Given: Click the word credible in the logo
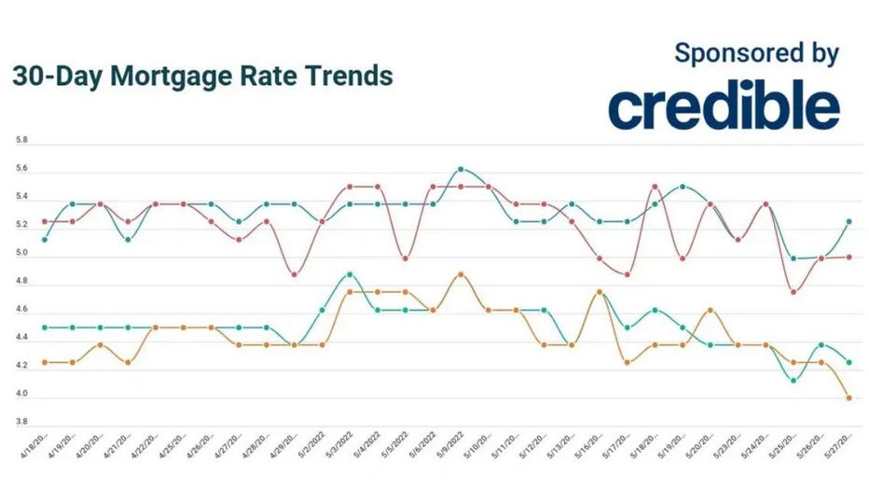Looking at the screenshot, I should point(724,107).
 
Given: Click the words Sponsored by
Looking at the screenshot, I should point(756,53).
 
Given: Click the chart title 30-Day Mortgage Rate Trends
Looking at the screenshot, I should point(202,76).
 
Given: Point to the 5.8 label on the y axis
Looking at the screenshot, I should point(21,140).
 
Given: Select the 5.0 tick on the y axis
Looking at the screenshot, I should point(21,253).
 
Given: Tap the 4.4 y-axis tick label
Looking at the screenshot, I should point(21,338).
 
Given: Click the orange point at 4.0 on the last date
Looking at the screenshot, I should point(848,398).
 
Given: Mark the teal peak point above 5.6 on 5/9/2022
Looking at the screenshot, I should point(461,169).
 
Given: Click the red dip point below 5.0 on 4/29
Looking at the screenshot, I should point(295,274).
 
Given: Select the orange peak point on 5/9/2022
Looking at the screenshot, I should point(461,274).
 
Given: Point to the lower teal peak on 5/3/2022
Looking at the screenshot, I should point(350,274).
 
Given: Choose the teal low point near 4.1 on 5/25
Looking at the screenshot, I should point(793,380).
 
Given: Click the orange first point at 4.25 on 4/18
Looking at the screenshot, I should point(45,362).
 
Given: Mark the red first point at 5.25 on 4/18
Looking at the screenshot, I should point(45,221).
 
